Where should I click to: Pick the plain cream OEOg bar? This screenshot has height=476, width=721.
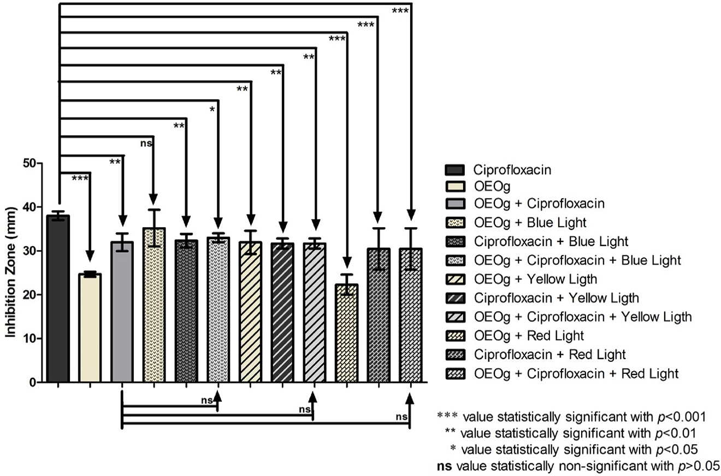[90, 328]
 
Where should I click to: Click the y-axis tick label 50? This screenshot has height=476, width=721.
[29, 163]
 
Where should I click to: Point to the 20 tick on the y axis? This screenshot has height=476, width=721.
[29, 295]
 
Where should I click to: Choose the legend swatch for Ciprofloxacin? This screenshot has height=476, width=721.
[455, 169]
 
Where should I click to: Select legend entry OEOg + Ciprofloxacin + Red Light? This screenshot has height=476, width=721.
[576, 373]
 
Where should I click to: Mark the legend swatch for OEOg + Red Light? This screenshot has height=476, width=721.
[455, 336]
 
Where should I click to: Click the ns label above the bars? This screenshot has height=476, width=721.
[146, 144]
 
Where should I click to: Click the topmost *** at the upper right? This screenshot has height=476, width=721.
[400, 11]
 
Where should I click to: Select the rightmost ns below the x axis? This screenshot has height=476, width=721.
[402, 417]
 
